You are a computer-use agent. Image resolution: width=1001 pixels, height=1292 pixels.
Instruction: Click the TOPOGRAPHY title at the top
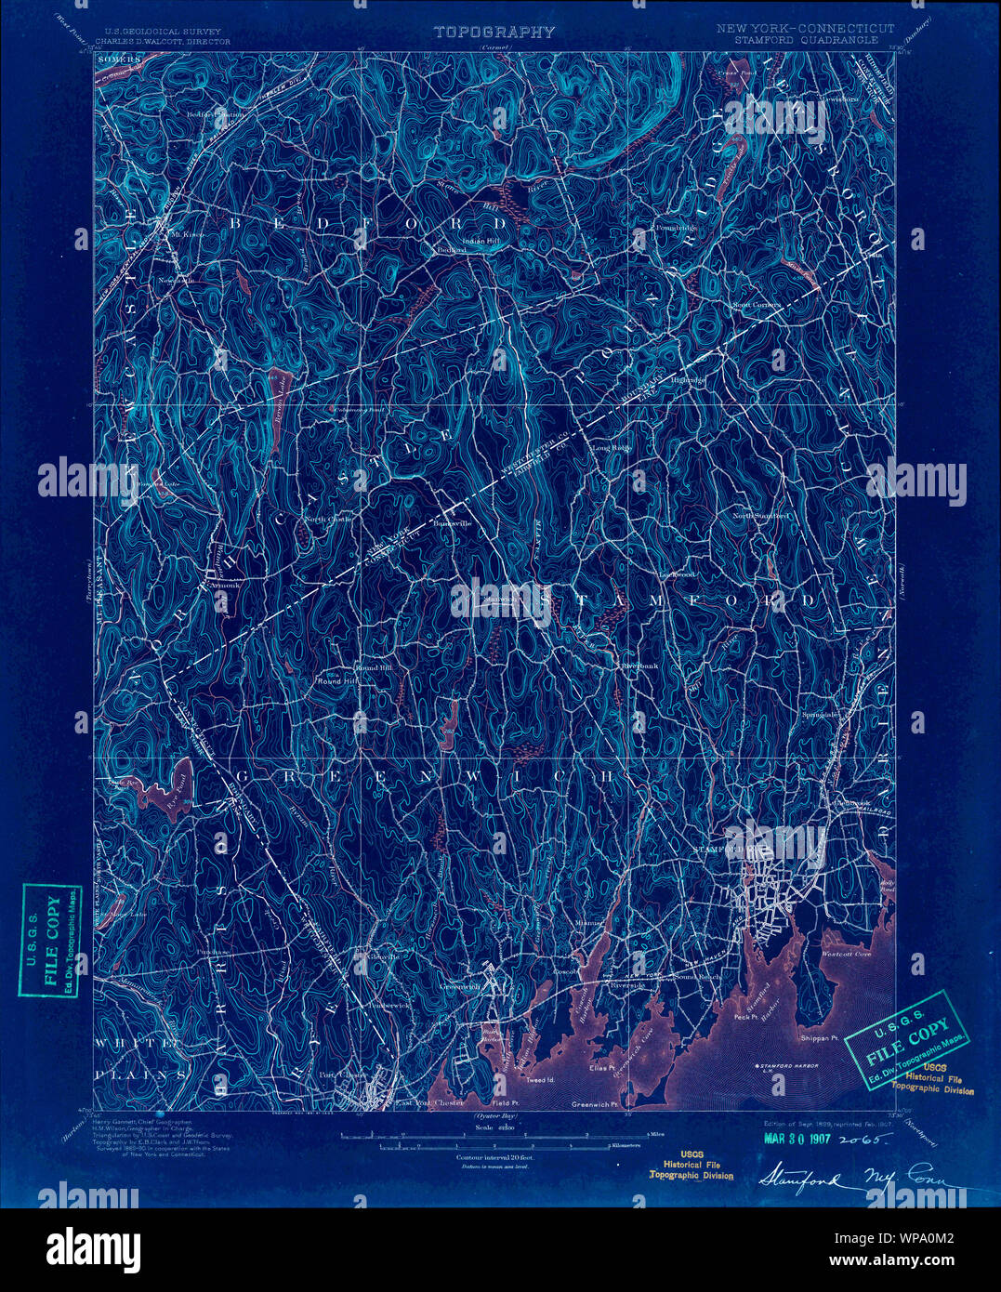pos(494,33)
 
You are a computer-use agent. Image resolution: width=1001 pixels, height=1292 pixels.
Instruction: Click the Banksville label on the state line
pos(453,523)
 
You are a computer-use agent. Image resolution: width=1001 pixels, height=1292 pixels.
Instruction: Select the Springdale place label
pos(821,714)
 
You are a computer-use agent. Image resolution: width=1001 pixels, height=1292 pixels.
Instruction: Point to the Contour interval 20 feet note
pos(494,1158)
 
